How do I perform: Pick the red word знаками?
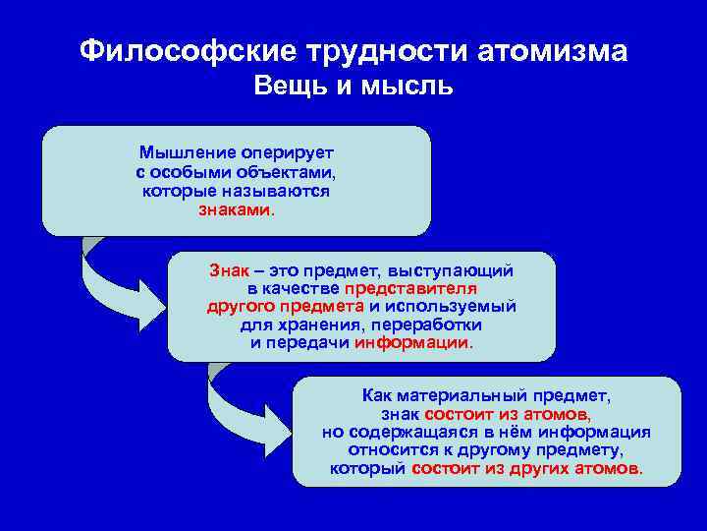[236, 209]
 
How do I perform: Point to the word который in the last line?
[368, 468]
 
